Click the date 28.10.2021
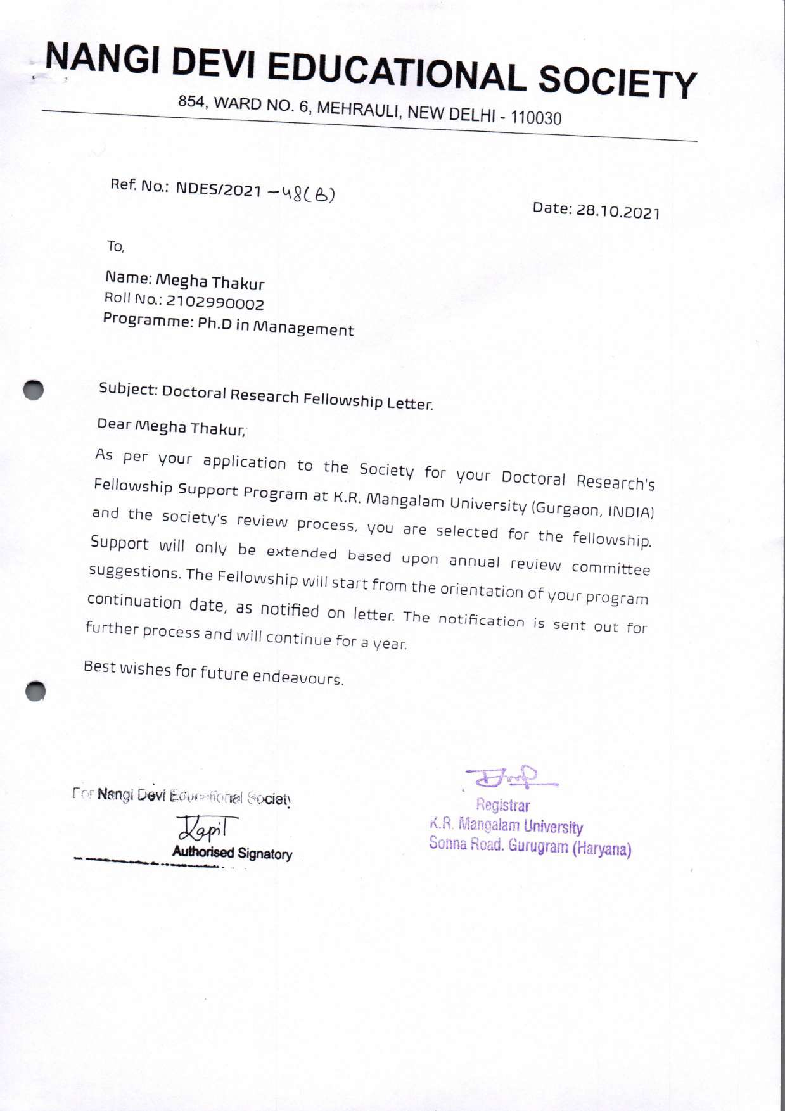616,212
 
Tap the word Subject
128,389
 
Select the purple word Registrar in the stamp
503,806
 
